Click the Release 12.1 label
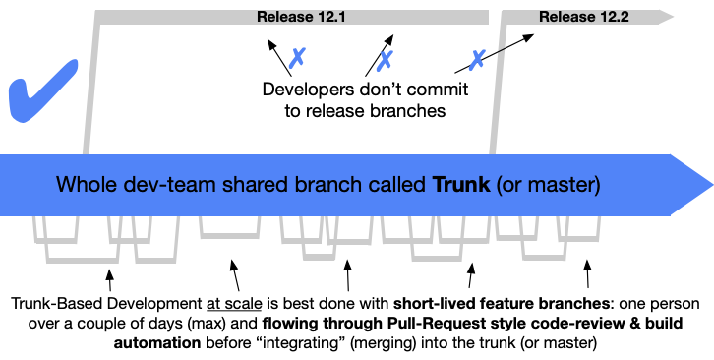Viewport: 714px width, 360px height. (295, 17)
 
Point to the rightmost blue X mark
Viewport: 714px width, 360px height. (477, 59)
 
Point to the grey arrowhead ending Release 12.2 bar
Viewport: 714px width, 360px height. (666, 17)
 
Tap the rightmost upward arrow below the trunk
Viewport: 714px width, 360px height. (588, 268)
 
